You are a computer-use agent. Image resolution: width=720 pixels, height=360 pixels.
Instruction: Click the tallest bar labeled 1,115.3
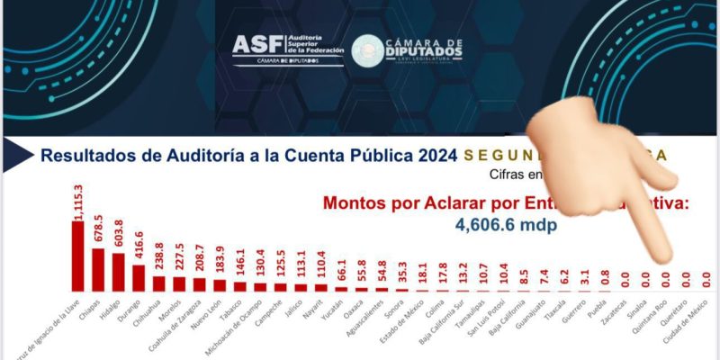tap(78, 256)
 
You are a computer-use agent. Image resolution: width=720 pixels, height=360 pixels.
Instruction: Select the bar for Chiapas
tap(99, 269)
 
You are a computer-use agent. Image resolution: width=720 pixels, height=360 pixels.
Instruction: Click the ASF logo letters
tap(256, 45)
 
